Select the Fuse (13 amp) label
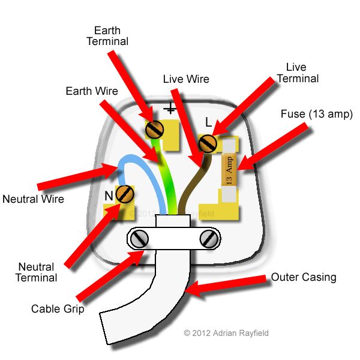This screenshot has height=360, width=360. point(316,114)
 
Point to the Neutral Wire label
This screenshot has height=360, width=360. point(32,199)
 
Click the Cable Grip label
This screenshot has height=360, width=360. point(58,310)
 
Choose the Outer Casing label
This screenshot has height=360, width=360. point(304,277)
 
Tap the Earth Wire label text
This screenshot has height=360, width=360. point(92,91)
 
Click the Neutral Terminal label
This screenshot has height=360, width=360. point(37,272)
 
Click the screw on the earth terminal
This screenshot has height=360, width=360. point(155,128)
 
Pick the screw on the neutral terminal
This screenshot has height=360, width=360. point(125,193)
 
